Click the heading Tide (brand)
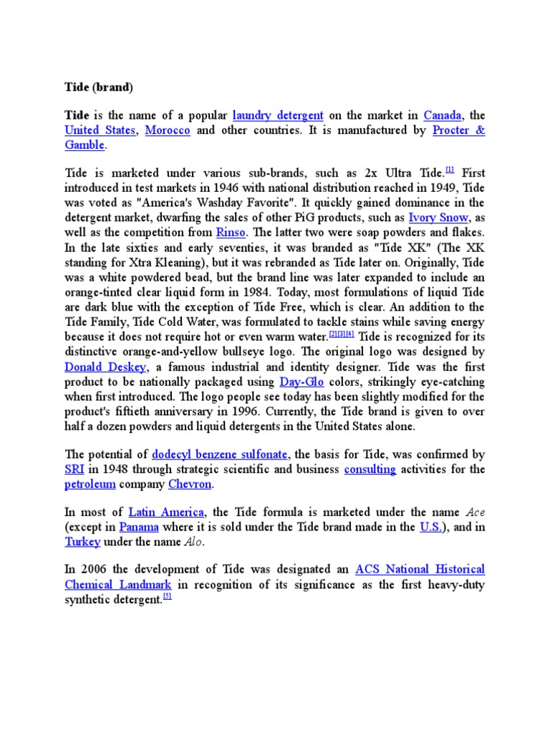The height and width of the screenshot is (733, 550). tap(99, 87)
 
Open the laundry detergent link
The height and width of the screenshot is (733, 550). tap(278, 115)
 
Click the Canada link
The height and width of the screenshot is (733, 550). tap(442, 115)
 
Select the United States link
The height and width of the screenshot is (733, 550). tap(100, 130)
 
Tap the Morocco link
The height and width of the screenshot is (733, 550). tap(168, 130)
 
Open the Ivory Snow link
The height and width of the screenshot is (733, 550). tap(438, 218)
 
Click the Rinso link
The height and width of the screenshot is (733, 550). tap(232, 233)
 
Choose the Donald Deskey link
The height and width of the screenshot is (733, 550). tap(105, 367)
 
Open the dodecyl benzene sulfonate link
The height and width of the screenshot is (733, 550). tap(220, 455)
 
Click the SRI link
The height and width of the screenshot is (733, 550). tap(75, 470)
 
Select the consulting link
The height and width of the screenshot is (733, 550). tap(370, 470)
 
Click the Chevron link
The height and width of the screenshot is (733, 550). tap(189, 485)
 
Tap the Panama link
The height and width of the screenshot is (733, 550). tap(138, 527)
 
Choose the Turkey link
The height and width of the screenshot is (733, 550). tap(82, 542)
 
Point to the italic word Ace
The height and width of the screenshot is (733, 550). tap(475, 512)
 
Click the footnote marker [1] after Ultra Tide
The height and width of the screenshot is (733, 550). tap(450, 170)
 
